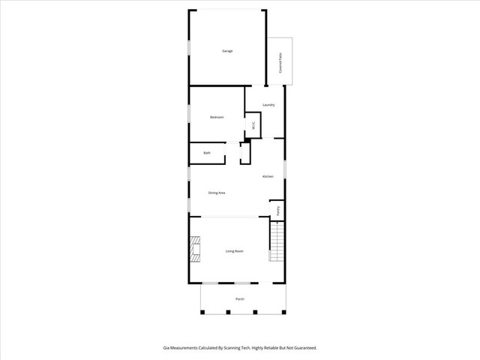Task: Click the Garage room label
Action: point(226,51)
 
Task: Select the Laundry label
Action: point(268,105)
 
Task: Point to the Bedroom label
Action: point(217,118)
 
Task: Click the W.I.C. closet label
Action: point(253,126)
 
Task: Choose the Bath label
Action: point(207,153)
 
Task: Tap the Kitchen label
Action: point(267,176)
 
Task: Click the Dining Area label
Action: point(217,193)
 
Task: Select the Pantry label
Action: point(278,211)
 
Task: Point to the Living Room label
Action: point(235,251)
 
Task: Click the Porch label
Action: point(240,298)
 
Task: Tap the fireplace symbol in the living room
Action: point(196,250)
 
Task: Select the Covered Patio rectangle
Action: point(282,61)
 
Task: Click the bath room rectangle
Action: point(208,153)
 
